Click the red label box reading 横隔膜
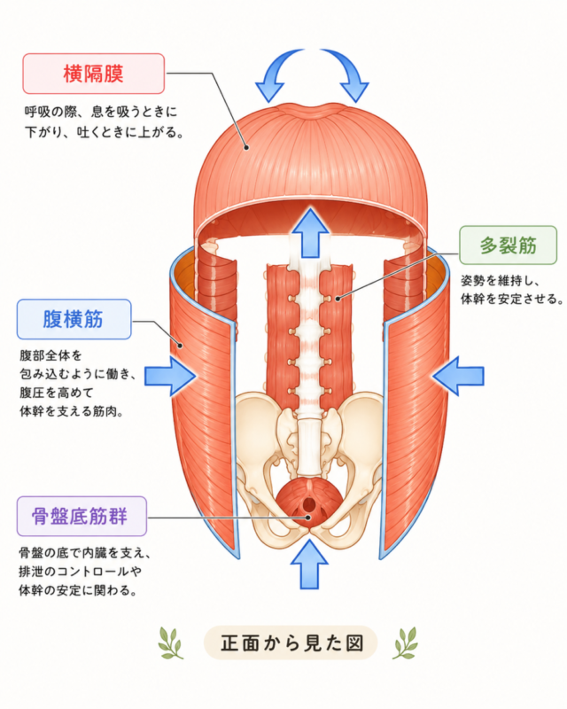pos(94,74)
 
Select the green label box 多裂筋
pos(509,245)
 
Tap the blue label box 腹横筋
pos(74,319)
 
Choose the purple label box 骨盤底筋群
pos(82,516)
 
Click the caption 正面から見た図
pos(291,643)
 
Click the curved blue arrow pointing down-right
pos(348,70)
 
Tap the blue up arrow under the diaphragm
pos(310,233)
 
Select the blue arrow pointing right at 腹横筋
pos(170,376)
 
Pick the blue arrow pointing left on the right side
pos(457,376)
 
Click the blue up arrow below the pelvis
pos(309,565)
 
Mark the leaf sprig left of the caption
pos(170,643)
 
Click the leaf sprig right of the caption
pos(406,643)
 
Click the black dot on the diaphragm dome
pos(246,147)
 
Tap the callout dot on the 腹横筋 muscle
pos(180,346)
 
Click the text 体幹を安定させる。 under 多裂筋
pos(512,299)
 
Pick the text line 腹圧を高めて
pos(56,392)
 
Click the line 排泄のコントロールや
pos(80,572)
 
